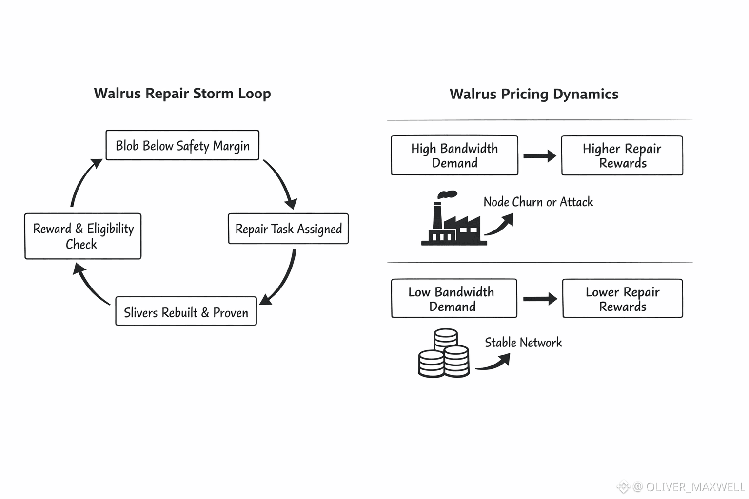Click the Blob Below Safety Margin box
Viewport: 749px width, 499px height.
click(x=182, y=145)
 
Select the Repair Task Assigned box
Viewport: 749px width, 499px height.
click(x=288, y=229)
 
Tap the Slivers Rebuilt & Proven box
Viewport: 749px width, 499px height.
click(x=186, y=311)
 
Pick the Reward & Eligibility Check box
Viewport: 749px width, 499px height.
click(x=83, y=236)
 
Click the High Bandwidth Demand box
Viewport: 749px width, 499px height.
click(x=454, y=155)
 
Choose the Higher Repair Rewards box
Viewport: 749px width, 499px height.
click(x=622, y=155)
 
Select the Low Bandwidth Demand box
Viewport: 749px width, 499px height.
click(x=454, y=298)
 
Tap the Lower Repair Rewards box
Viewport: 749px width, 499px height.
click(x=622, y=298)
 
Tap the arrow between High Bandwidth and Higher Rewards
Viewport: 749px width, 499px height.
click(x=539, y=156)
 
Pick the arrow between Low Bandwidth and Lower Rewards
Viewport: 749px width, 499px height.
click(x=540, y=299)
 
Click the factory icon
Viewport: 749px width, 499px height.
click(x=453, y=220)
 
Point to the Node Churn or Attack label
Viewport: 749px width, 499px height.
click(x=538, y=202)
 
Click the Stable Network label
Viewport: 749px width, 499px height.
click(x=523, y=343)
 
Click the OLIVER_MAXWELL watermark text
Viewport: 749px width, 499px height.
click(x=694, y=487)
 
